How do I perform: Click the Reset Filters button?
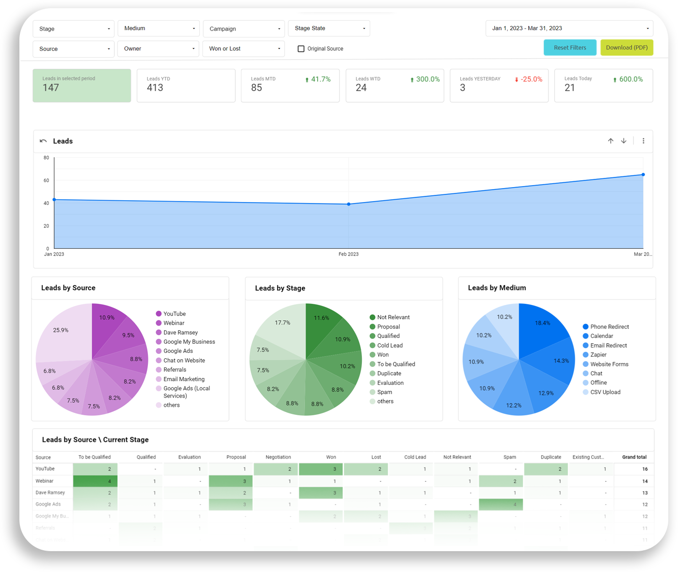tap(570, 48)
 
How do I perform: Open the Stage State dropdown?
tap(329, 28)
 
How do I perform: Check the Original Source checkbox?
tap(301, 48)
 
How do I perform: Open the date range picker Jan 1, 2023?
tap(569, 28)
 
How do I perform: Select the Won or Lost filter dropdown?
tap(244, 48)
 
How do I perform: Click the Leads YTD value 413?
tap(155, 88)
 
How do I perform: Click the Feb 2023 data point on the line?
tap(349, 204)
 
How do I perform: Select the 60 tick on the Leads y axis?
tap(46, 180)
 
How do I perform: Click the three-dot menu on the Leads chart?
tap(644, 141)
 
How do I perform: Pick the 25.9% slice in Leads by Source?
tap(61, 330)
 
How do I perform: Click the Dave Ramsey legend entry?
tap(180, 333)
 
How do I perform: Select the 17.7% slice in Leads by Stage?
tap(282, 322)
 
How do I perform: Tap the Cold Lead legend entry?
tap(390, 345)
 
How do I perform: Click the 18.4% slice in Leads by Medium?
tap(543, 323)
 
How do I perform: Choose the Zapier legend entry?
tap(598, 354)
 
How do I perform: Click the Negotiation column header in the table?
tap(278, 457)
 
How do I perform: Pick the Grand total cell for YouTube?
tap(645, 469)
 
